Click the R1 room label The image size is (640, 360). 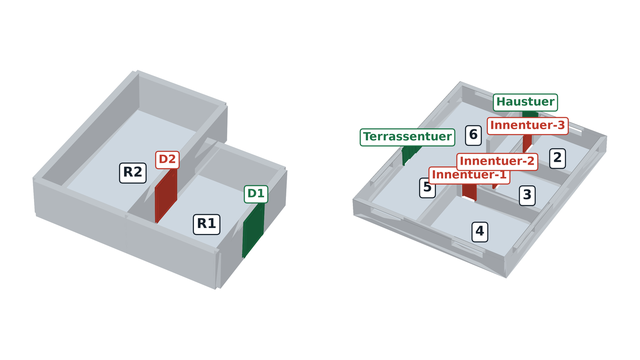point(206,224)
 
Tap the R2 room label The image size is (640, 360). point(133,173)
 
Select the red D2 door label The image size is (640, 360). point(168,160)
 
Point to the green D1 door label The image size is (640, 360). point(256,194)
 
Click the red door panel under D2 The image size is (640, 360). point(166,196)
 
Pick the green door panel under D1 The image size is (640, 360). point(254,230)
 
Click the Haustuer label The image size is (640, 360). point(526,102)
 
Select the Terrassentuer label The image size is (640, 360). point(408,138)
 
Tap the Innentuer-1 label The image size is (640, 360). point(470,175)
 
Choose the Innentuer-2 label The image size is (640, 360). point(497,162)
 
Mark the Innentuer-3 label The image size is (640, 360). point(528,126)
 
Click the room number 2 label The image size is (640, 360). point(558,158)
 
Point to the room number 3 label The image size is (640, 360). point(527,196)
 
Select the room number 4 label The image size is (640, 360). point(480,232)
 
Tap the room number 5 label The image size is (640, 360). point(428,188)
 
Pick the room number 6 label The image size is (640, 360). point(474,136)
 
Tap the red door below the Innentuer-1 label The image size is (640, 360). point(470,192)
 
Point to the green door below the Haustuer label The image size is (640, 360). point(530,114)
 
